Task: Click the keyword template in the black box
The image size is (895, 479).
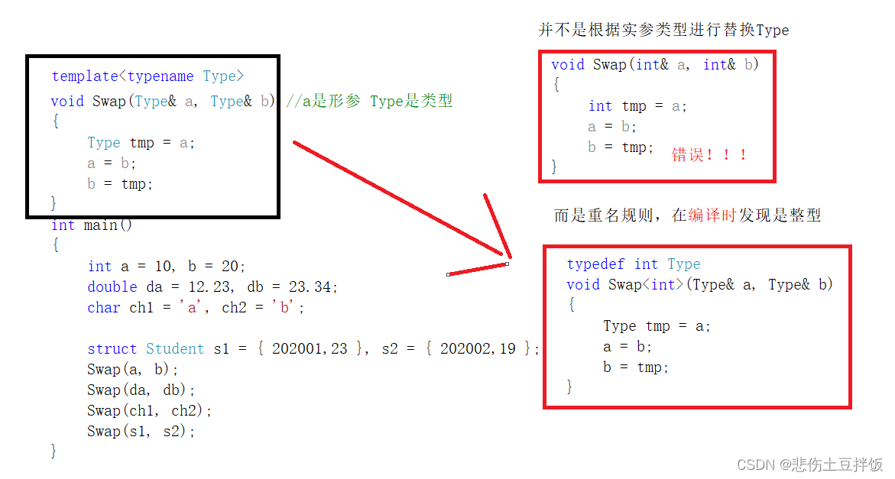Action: pos(85,76)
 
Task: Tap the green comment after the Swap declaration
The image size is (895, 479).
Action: pos(370,101)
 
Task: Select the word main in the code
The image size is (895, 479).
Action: pos(100,225)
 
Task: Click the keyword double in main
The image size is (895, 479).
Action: pos(112,287)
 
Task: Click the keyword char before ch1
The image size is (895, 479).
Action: pos(104,308)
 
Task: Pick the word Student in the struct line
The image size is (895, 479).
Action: pos(175,349)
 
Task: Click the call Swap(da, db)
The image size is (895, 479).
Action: pos(141,390)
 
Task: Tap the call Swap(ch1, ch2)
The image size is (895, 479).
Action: pos(149,411)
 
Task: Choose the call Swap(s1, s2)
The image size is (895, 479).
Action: pos(141,432)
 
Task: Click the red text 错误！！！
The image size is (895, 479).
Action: pos(709,155)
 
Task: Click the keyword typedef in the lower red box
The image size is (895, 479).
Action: pos(595,264)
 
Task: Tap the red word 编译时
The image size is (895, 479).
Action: pos(712,216)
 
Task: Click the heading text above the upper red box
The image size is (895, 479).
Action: pos(663,31)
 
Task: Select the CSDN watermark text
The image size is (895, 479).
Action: pos(809,464)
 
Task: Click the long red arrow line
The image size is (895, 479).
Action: pos(397,199)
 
